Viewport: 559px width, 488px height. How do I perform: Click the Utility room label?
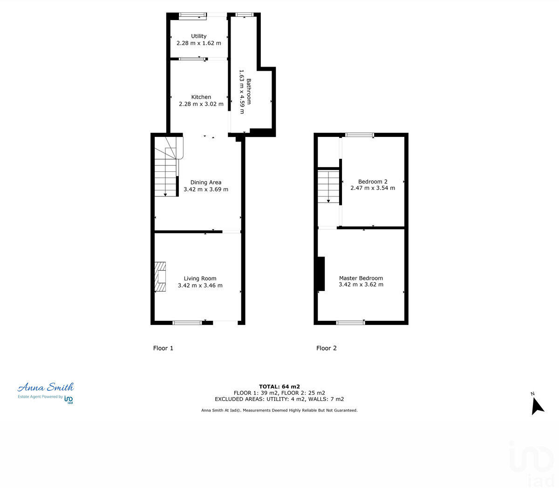(x=198, y=36)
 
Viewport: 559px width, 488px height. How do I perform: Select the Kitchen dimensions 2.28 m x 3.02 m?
(x=201, y=104)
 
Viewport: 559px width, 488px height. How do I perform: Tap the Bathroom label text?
(x=249, y=91)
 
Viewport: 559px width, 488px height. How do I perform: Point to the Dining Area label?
(x=205, y=182)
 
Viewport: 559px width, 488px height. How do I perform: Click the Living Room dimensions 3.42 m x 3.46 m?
(x=200, y=285)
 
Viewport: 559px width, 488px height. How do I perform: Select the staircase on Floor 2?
(x=328, y=187)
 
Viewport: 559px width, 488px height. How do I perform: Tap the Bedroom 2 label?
(x=372, y=182)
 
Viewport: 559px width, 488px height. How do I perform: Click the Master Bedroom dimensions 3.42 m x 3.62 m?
(x=361, y=285)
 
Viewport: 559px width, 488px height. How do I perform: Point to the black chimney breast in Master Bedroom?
(x=320, y=274)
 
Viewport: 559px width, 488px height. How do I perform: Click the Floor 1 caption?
(x=163, y=348)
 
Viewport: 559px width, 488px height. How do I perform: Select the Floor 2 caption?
(x=326, y=348)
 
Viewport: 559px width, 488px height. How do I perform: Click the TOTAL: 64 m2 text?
(x=279, y=386)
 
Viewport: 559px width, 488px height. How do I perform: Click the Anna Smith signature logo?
(x=46, y=387)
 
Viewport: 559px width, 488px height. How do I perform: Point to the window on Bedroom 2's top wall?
(x=359, y=135)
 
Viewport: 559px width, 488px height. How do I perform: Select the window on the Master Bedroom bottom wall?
(x=350, y=322)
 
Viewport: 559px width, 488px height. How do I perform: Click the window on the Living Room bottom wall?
(x=187, y=322)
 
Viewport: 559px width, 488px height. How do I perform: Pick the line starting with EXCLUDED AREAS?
(x=279, y=399)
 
